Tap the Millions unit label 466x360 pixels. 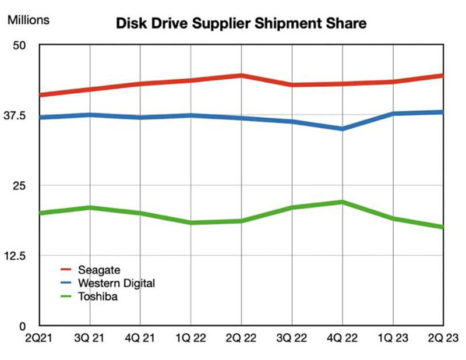tap(28, 20)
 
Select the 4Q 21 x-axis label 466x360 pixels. tap(140, 338)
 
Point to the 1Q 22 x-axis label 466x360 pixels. tap(190, 338)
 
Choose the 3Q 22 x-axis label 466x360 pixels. tap(291, 338)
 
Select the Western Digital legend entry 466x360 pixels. tap(116, 283)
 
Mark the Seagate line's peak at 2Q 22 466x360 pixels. tap(241, 75)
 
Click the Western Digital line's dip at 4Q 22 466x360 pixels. tap(342, 128)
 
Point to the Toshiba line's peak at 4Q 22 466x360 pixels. tap(342, 202)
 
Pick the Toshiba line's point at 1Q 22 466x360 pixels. tap(190, 223)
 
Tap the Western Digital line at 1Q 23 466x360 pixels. tap(393, 113)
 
